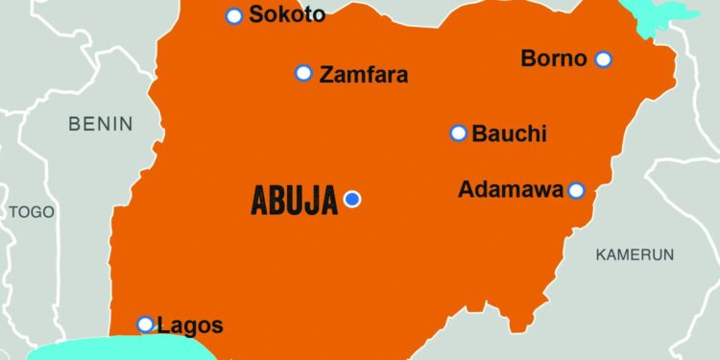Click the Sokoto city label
click(287, 14)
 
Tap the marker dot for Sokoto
click(233, 15)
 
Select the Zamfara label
click(364, 74)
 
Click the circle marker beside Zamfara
click(303, 73)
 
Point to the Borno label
click(554, 59)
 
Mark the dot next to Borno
click(603, 60)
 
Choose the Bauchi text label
click(509, 133)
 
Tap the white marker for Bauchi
click(458, 132)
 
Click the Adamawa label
click(511, 190)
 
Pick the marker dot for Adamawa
click(576, 190)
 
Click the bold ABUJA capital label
click(294, 201)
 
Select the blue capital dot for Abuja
click(352, 199)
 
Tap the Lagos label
click(190, 325)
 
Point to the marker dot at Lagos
click(145, 324)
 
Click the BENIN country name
click(101, 124)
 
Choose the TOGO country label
click(33, 212)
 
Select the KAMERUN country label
click(635, 254)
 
